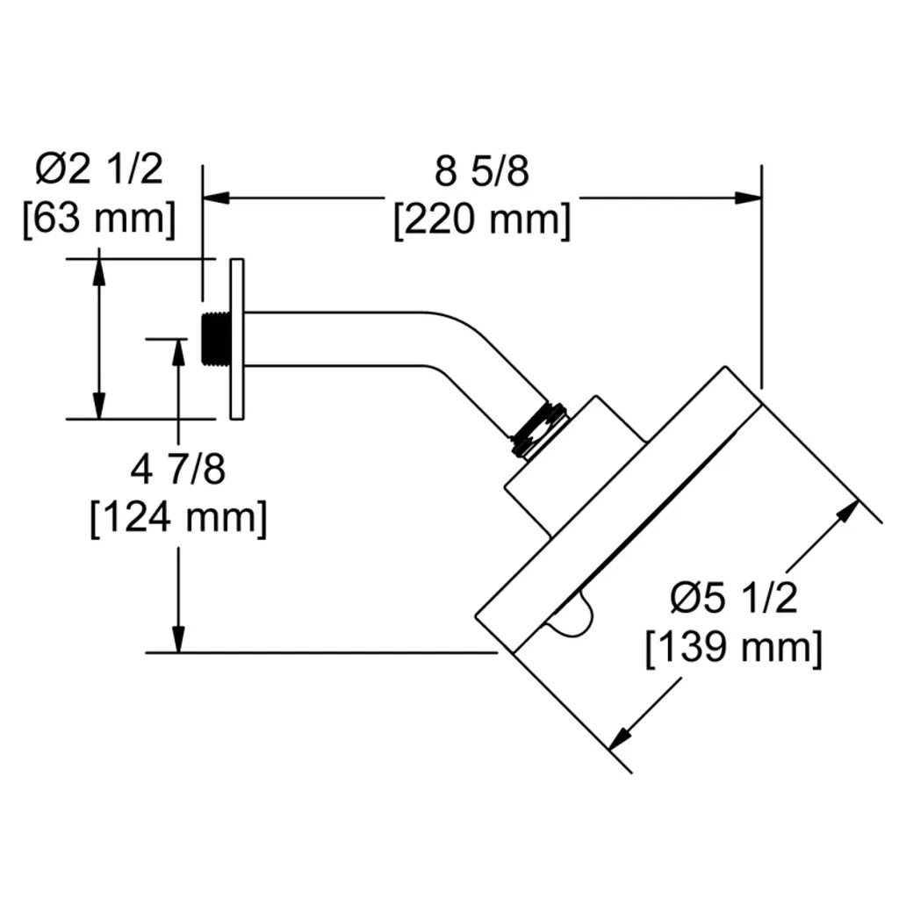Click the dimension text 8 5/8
point(482,172)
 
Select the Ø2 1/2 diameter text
point(99,169)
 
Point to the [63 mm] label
point(98,217)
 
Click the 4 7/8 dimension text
point(178,471)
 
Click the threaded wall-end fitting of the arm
point(212,338)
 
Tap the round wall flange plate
point(236,338)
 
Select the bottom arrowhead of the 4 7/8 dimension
point(179,639)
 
